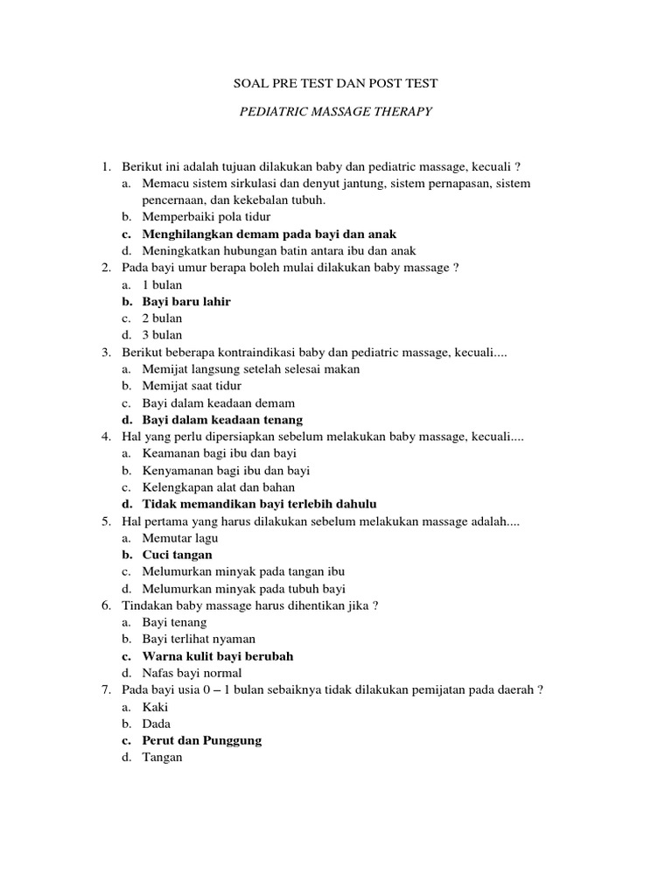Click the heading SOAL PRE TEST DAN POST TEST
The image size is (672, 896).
(336, 83)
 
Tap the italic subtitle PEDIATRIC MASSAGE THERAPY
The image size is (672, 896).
(336, 113)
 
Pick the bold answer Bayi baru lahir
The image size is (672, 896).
(186, 301)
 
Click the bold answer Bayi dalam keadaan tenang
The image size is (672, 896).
(222, 420)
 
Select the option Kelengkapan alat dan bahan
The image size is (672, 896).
(219, 487)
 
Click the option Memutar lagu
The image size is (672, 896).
(176, 538)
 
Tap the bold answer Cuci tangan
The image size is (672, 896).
(177, 555)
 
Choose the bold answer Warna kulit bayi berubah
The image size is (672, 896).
(218, 656)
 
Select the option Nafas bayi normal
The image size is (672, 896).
(192, 673)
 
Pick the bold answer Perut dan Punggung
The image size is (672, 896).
(202, 740)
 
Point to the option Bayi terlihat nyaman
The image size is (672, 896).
(199, 640)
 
